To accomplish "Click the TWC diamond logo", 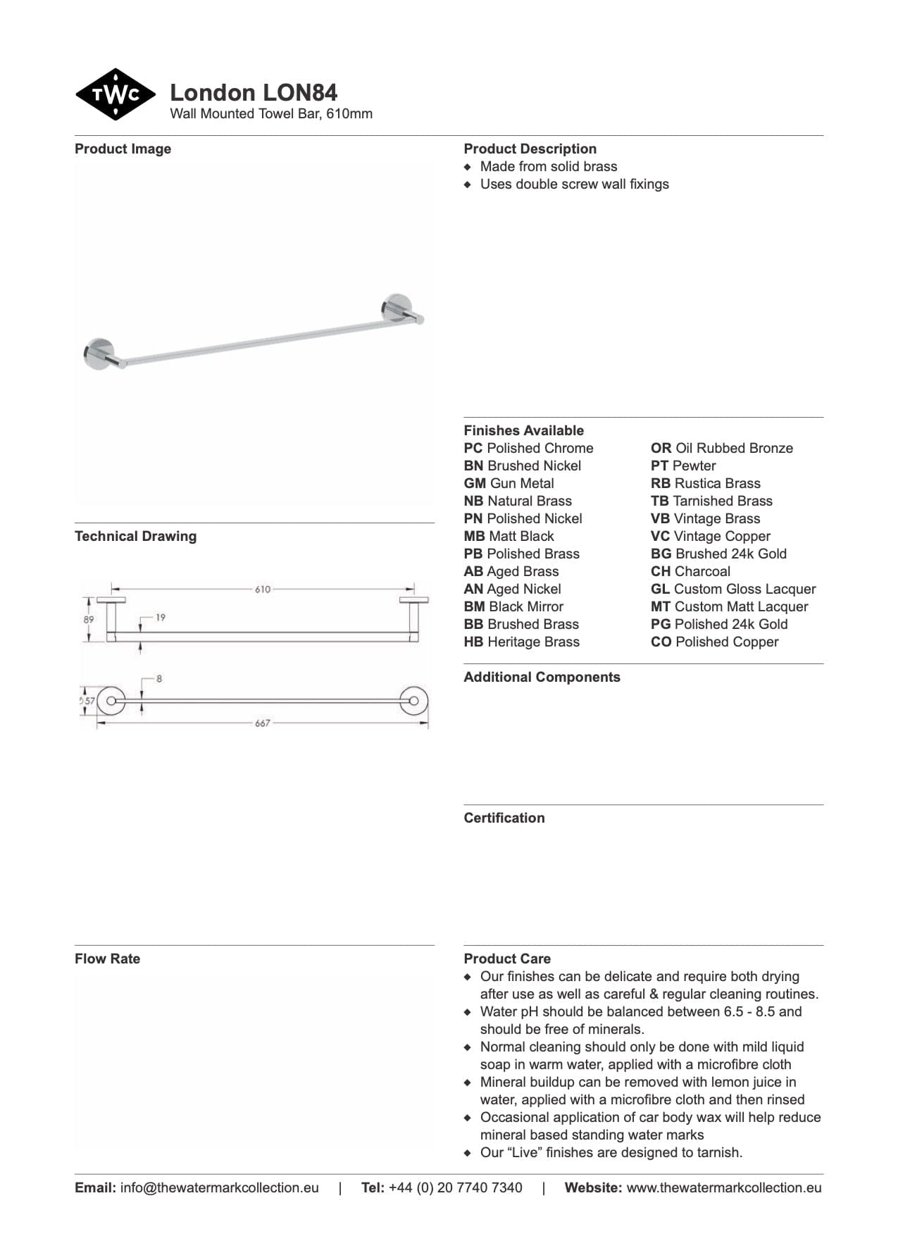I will coord(116,94).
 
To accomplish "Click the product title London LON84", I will coord(254,92).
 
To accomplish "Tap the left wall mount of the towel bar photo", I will coord(99,353).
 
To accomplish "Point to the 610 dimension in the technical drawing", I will coord(263,590).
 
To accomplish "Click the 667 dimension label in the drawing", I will coord(263,723).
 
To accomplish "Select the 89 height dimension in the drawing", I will coord(88,620).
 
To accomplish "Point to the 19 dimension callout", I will coord(161,618).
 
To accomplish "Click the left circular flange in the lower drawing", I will coord(111,701).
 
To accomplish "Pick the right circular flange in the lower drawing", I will coord(413,701).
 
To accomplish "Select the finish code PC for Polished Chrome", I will coord(473,449).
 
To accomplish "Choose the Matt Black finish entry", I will coord(509,537).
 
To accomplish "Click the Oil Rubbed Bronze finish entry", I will coord(722,449).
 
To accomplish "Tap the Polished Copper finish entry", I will coord(715,642).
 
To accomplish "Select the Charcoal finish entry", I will coord(690,572).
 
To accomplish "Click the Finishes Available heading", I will coord(523,430).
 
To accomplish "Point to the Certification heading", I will coord(504,818).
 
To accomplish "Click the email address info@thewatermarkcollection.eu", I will coord(219,1188).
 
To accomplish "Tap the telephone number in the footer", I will coord(455,1188).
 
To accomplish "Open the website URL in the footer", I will coord(724,1188).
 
